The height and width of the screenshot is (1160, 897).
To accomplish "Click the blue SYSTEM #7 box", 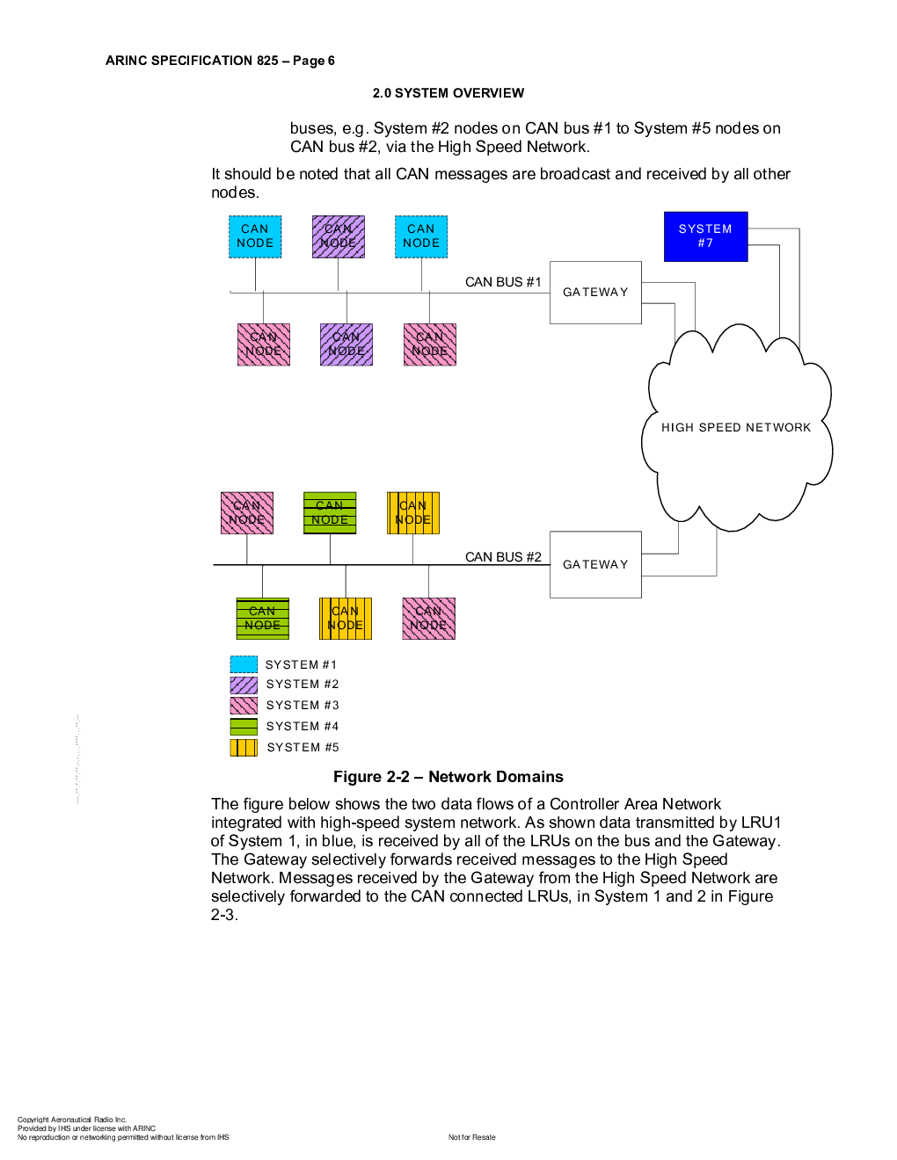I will (705, 236).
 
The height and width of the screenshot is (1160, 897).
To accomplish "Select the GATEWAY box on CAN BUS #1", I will (595, 293).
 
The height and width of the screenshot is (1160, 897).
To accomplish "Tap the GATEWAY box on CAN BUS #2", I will (595, 564).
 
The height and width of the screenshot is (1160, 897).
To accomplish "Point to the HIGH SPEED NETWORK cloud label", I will (736, 428).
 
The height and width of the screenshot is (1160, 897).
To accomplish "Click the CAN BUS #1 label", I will (503, 282).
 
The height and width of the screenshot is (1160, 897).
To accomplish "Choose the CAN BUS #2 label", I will (503, 557).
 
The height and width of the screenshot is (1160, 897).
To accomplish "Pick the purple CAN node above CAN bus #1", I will (339, 236).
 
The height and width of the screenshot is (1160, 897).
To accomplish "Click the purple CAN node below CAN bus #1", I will (346, 344).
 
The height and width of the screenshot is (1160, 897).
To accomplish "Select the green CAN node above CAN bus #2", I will (330, 513).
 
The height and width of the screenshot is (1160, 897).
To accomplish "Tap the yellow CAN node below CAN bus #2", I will (346, 619).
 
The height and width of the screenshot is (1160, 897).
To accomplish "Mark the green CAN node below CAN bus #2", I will (263, 619).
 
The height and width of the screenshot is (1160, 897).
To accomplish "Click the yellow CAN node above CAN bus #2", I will (413, 513).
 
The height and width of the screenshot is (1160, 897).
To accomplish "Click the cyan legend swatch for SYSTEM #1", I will (244, 664).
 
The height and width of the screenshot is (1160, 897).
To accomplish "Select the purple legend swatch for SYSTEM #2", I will (244, 685).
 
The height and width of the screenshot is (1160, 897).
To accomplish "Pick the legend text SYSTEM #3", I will (303, 706).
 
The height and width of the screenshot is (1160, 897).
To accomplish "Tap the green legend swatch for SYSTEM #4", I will (244, 727).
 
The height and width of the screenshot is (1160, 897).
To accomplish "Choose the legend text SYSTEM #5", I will (303, 748).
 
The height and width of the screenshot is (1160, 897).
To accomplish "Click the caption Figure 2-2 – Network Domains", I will (448, 777).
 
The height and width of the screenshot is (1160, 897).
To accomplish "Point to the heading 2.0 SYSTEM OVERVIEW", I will (448, 93).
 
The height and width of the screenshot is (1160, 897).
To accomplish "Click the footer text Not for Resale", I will (472, 1137).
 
